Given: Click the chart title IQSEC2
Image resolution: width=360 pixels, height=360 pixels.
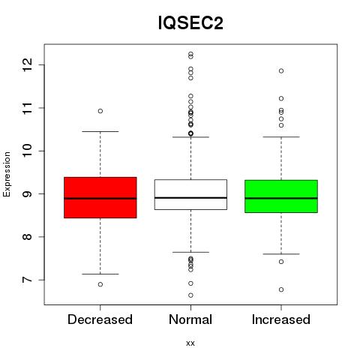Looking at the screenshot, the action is click(190, 23).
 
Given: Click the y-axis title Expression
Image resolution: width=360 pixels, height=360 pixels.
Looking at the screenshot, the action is click(7, 175).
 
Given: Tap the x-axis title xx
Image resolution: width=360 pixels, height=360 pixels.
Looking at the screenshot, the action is click(190, 343).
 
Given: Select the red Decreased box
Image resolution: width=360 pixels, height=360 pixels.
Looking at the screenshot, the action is click(100, 197).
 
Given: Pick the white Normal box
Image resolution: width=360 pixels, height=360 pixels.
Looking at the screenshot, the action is click(190, 194).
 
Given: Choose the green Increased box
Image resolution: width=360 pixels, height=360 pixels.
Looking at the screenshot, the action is click(281, 196).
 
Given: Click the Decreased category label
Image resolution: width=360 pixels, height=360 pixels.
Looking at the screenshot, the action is click(100, 319).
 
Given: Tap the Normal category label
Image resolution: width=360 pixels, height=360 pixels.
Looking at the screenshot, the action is click(190, 319).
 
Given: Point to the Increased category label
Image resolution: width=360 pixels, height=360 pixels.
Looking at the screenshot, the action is click(281, 319).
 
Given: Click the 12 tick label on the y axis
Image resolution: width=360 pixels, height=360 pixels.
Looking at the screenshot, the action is click(28, 64).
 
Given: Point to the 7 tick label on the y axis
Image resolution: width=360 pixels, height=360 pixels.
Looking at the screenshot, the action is click(28, 280).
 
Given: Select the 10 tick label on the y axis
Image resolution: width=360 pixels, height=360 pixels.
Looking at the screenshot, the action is click(28, 151).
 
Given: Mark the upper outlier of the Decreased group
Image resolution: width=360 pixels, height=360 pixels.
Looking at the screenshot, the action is click(100, 111).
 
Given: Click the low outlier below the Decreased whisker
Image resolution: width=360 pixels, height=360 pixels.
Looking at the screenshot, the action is click(100, 284).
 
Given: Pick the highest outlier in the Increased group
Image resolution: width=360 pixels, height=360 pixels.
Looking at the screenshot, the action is click(281, 71).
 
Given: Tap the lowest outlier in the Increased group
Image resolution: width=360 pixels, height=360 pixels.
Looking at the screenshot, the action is click(281, 289).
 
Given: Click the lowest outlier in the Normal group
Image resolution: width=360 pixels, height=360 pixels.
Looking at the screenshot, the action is click(190, 295).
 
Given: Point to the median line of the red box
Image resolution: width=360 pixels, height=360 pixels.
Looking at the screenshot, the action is click(100, 199).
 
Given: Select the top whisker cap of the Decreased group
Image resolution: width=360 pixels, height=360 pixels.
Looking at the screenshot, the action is click(100, 131).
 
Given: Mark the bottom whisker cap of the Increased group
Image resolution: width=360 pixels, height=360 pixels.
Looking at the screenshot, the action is click(281, 254).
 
